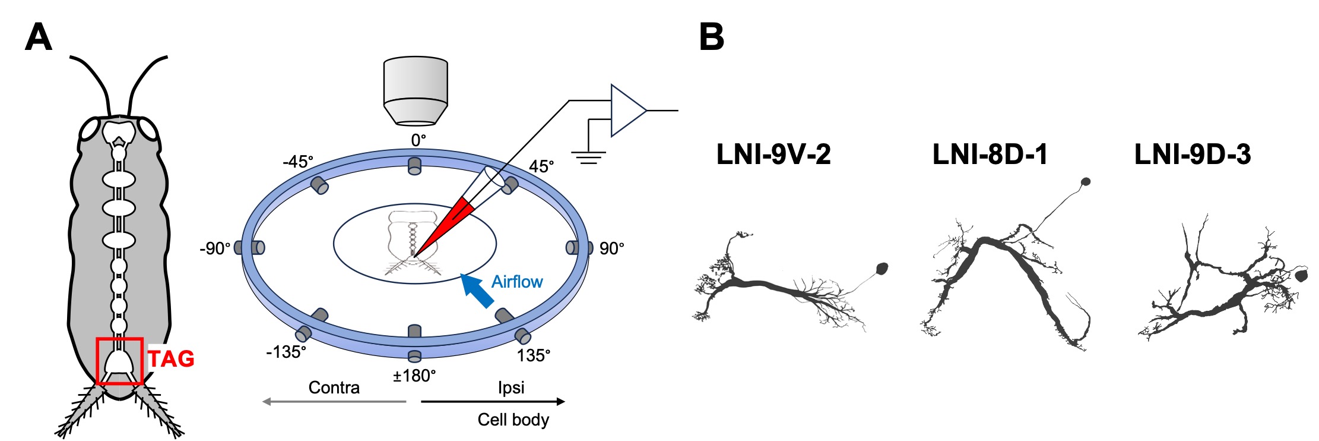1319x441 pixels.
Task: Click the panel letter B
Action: point(711,37)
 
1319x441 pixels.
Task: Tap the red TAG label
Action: point(171,359)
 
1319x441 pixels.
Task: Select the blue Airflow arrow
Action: point(478,291)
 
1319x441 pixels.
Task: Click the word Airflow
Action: point(517,282)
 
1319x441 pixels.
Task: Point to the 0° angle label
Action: point(418,140)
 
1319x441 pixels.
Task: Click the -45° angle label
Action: point(298,162)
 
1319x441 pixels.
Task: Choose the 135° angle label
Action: point(534,355)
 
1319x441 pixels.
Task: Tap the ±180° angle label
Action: point(414,376)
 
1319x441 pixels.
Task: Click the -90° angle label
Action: point(215,248)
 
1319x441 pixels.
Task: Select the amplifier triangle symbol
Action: point(627,111)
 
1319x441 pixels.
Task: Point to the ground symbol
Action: point(588,157)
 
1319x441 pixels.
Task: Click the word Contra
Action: point(334,388)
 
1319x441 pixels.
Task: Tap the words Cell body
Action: point(513,420)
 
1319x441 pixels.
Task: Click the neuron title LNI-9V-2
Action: point(773,155)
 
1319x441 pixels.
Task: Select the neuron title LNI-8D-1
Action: point(990,155)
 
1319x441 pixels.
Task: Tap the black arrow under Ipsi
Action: point(493,402)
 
